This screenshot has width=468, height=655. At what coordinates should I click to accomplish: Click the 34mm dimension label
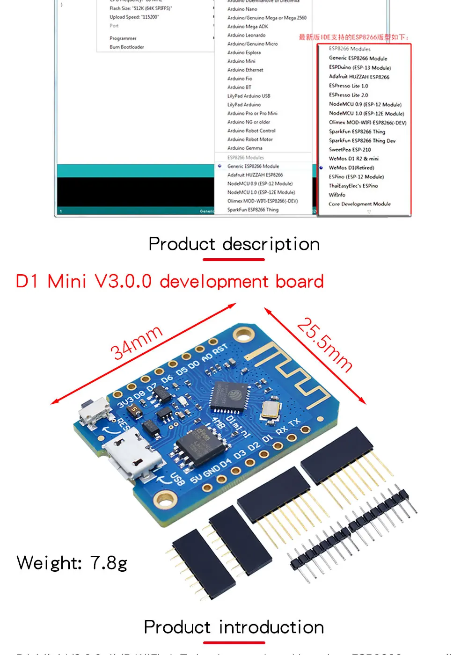(136, 343)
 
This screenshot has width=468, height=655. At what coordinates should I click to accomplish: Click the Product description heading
(234, 244)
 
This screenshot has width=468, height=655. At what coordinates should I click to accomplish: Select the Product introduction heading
(234, 627)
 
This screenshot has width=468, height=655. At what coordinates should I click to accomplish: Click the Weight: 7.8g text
(72, 563)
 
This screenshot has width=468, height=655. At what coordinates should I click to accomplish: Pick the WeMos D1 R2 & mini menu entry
(353, 159)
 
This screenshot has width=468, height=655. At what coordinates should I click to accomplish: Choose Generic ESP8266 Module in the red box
(358, 58)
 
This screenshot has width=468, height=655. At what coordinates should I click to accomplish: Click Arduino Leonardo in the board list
(246, 35)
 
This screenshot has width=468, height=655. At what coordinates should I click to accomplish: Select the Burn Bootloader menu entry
(127, 47)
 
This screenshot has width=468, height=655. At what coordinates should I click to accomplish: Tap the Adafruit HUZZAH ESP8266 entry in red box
(359, 77)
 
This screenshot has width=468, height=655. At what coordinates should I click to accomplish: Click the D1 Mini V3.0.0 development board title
(170, 282)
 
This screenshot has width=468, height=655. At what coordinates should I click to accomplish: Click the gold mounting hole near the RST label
(243, 334)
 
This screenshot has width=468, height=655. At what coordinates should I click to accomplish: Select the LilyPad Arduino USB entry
(249, 96)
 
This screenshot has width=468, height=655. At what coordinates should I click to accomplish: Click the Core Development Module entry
(359, 204)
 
